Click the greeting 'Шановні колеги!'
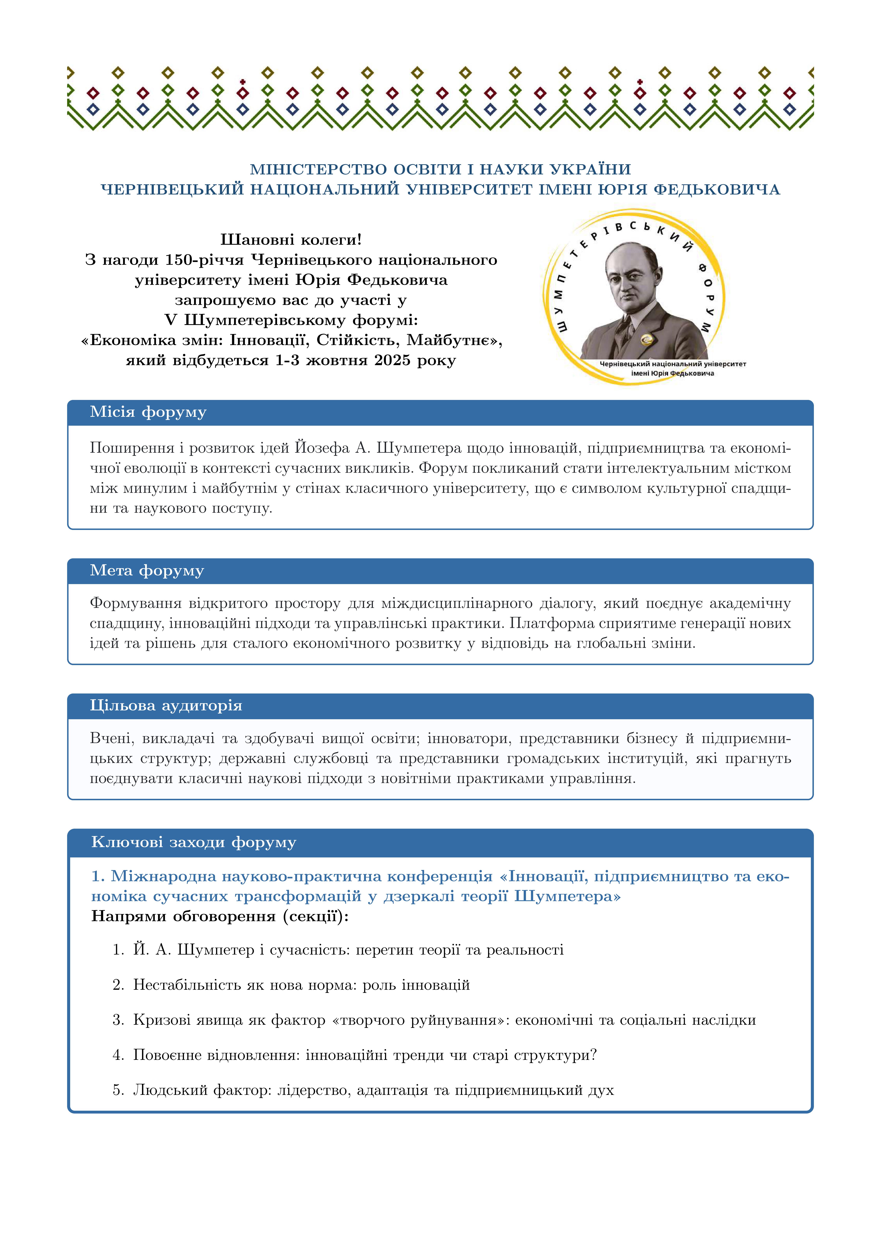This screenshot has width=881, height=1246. click(x=291, y=239)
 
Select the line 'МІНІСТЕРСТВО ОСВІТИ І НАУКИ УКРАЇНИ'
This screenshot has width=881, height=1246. click(x=440, y=169)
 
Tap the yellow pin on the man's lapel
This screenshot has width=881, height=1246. click(x=646, y=340)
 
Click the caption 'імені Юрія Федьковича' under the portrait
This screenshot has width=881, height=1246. click(x=672, y=373)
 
